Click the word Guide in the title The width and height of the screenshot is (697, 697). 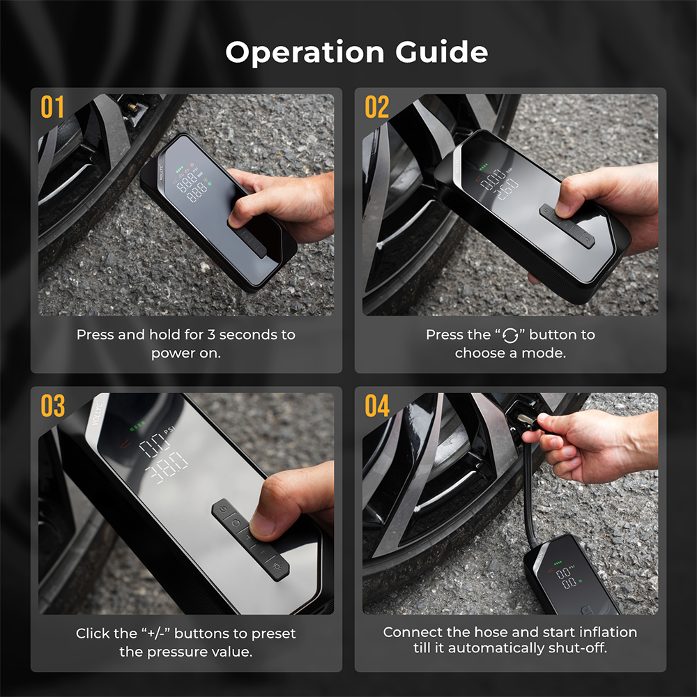pyautogui.click(x=441, y=52)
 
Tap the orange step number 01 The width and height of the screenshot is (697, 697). pyautogui.click(x=52, y=107)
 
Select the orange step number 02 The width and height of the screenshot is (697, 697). pyautogui.click(x=377, y=107)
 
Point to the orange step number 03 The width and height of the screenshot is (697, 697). pyautogui.click(x=52, y=406)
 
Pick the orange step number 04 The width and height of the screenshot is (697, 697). pyautogui.click(x=377, y=406)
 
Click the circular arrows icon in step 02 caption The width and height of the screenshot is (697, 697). pyautogui.click(x=510, y=336)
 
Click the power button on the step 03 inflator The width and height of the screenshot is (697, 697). pyautogui.click(x=223, y=509)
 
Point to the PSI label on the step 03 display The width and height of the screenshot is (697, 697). pyautogui.click(x=169, y=430)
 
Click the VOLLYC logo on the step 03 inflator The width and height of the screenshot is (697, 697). pyautogui.click(x=97, y=413)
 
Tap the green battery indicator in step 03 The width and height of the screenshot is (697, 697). pyautogui.click(x=137, y=427)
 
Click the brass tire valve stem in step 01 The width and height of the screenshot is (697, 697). pyautogui.click(x=132, y=107)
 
